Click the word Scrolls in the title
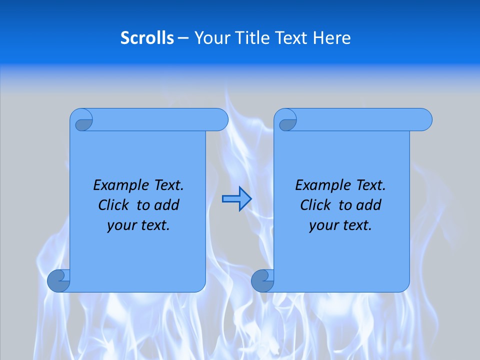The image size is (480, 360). click(x=147, y=38)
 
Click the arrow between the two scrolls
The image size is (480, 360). click(x=236, y=199)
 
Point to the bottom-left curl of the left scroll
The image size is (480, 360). click(x=58, y=280)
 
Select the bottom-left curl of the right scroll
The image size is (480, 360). click(x=262, y=280)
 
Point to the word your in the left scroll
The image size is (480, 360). click(x=121, y=225)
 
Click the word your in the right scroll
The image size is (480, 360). click(x=323, y=225)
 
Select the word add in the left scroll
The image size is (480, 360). click(x=166, y=205)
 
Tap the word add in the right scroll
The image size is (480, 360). click(x=369, y=205)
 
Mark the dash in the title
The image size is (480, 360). click(x=183, y=38)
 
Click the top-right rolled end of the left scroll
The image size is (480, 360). click(x=217, y=120)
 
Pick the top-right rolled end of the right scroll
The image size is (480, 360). click(x=421, y=120)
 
